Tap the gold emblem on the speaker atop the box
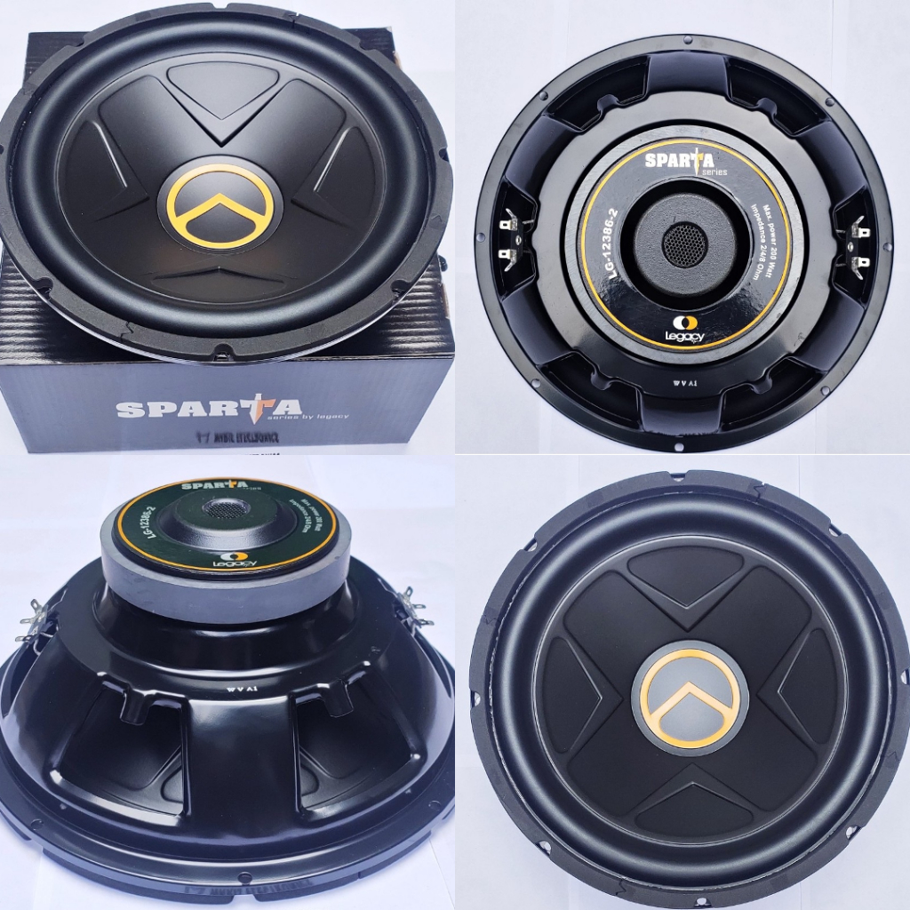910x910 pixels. coord(220,205)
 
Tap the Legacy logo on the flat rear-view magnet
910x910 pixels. coord(683,330)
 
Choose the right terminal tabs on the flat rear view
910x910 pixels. coord(859,244)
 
